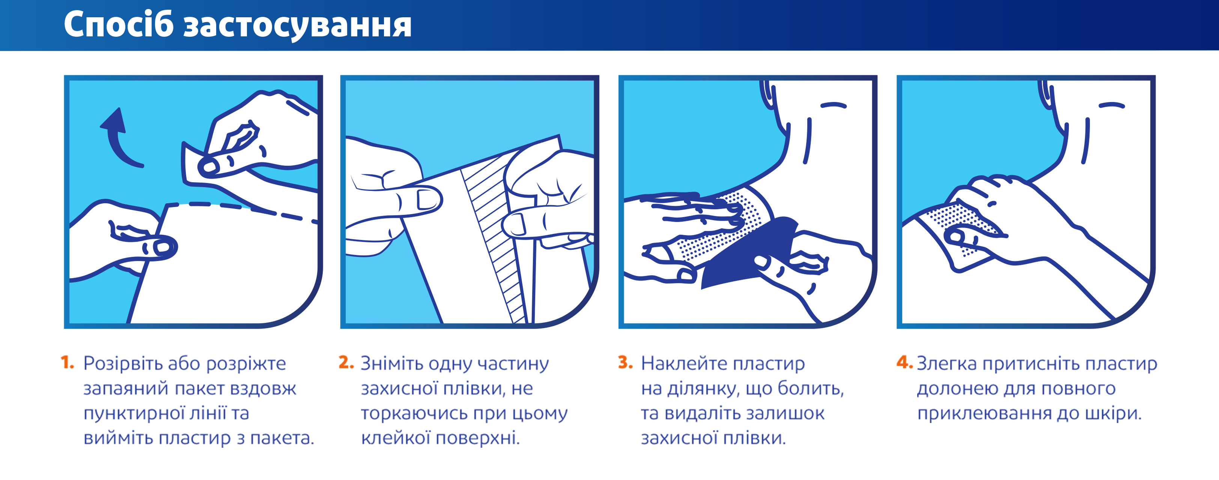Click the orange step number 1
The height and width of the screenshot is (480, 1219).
[67, 363]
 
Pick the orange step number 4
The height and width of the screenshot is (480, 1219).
[904, 363]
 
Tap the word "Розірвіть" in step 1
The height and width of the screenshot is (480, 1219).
[123, 364]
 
